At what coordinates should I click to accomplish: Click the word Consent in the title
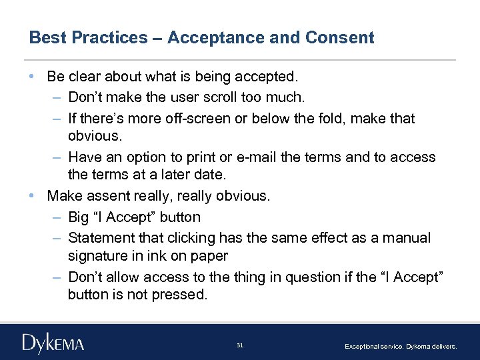(x=340, y=38)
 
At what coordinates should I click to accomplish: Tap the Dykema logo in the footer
(x=53, y=344)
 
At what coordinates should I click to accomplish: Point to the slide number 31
(x=240, y=345)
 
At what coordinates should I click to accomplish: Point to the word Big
(x=81, y=217)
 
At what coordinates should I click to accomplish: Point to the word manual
(x=408, y=238)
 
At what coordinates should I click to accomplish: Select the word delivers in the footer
(x=443, y=347)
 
